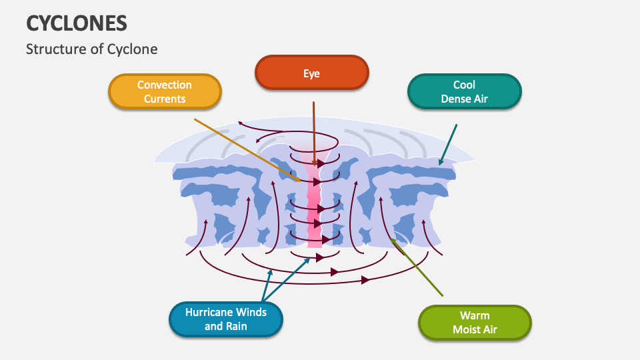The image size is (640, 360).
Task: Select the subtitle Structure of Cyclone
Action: pyautogui.click(x=92, y=49)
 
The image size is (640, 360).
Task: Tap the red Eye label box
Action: pyautogui.click(x=311, y=73)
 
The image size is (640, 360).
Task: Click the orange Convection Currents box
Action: pyautogui.click(x=164, y=92)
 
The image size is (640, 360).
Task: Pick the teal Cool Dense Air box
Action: pyautogui.click(x=464, y=92)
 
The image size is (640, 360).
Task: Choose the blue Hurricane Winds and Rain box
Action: pyautogui.click(x=226, y=319)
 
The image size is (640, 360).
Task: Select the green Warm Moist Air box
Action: pyautogui.click(x=474, y=323)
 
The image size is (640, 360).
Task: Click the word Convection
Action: pyautogui.click(x=164, y=85)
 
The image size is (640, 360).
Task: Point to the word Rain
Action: pyautogui.click(x=235, y=327)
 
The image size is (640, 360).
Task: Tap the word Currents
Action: pyautogui.click(x=164, y=99)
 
